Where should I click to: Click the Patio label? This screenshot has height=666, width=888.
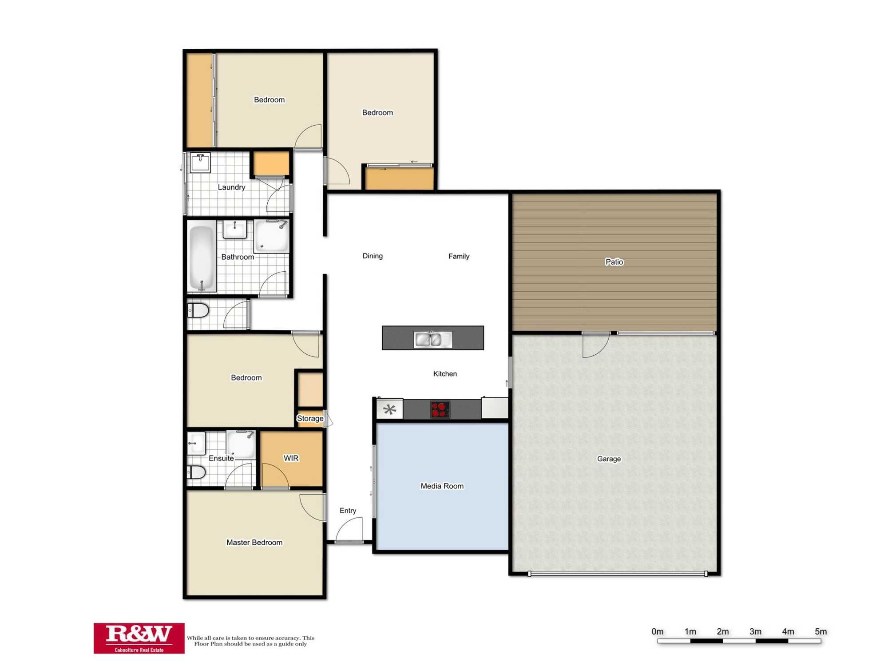tap(614, 262)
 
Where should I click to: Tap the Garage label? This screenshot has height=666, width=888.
tap(609, 459)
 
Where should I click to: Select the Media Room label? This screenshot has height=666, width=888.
tap(442, 486)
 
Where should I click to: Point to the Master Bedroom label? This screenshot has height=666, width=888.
tap(254, 542)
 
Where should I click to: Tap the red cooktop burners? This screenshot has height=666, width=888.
tap(440, 409)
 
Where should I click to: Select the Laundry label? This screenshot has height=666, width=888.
tap(231, 187)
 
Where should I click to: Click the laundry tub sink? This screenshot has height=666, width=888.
tap(200, 162)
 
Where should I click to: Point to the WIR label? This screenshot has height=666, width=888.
tap(291, 458)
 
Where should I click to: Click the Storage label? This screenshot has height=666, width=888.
tap(310, 418)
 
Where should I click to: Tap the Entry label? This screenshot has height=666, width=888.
tap(348, 511)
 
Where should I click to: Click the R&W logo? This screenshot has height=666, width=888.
tap(139, 638)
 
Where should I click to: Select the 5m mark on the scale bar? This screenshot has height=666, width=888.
tap(821, 631)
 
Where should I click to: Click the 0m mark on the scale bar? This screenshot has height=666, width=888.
tap(657, 631)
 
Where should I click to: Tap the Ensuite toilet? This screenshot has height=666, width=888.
tap(196, 472)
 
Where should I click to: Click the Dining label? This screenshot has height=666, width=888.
tap(373, 256)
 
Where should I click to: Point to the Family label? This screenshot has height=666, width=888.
tap(459, 256)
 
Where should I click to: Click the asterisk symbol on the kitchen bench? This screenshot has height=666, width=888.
tap(389, 409)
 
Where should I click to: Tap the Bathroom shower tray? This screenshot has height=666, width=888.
tap(271, 236)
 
